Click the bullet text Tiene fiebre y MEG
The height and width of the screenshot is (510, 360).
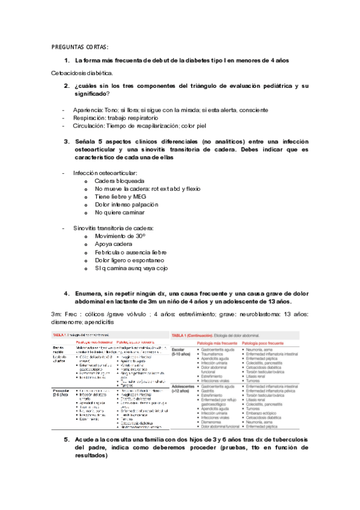coord(120,196)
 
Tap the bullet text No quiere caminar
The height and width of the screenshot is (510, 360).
coord(119,212)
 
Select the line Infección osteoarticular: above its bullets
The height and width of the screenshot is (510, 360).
coord(105,173)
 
